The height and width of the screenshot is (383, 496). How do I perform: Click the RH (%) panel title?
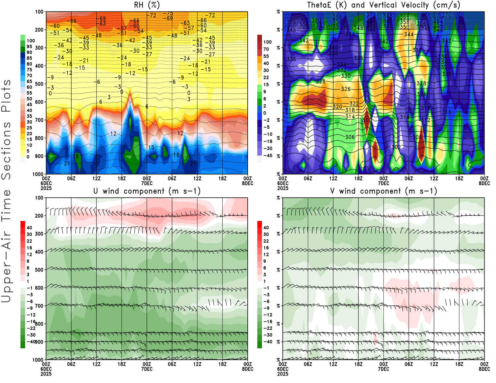[147, 5]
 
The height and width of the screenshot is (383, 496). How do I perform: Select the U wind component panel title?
[147, 191]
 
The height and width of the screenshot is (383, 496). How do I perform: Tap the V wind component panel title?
[383, 191]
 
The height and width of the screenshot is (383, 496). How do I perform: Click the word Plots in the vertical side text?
[6, 96]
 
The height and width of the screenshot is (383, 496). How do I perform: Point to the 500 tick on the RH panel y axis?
[39, 84]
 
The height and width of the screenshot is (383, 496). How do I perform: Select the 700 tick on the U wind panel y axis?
[39, 306]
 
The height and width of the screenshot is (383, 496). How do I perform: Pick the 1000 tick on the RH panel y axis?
[38, 174]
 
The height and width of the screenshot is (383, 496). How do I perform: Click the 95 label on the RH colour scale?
[29, 46]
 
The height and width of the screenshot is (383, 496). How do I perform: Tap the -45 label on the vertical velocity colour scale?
[268, 156]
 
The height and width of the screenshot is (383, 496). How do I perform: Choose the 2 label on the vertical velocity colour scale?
[265, 106]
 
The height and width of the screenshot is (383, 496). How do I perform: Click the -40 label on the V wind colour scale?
[268, 342]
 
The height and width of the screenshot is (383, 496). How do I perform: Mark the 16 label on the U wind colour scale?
[29, 248]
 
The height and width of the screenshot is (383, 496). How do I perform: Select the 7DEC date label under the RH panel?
[147, 183]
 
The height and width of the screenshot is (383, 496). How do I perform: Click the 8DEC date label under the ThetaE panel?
[484, 183]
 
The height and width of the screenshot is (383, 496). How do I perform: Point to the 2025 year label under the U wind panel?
[46, 374]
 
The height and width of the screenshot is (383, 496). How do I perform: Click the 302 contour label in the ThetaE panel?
[396, 147]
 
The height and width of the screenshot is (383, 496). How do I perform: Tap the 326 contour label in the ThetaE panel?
[346, 89]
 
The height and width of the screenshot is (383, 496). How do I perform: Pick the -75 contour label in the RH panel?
[169, 14]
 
